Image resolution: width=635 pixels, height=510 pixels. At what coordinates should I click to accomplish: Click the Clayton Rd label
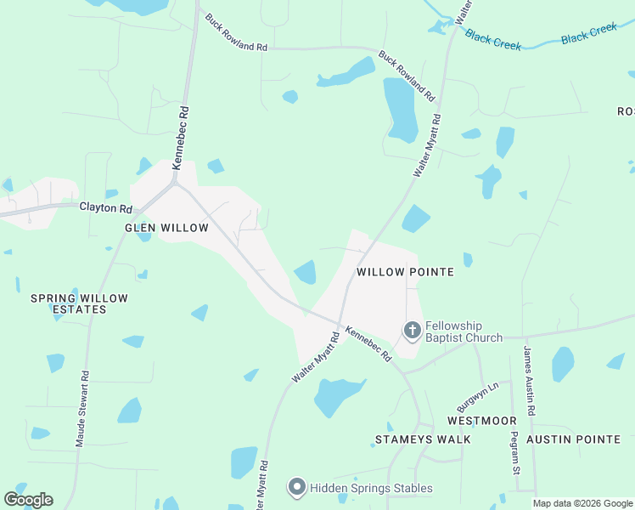(106, 207)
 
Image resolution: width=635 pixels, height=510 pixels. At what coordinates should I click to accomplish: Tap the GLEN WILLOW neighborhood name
(166, 228)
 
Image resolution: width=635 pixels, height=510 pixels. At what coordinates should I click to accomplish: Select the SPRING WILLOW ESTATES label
(79, 303)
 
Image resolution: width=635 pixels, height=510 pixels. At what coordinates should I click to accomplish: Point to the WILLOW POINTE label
(405, 272)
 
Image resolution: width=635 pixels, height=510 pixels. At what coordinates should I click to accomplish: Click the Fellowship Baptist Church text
(464, 331)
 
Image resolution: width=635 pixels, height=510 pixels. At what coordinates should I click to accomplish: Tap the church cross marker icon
(412, 330)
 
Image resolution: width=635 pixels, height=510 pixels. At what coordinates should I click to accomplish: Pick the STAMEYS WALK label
(423, 439)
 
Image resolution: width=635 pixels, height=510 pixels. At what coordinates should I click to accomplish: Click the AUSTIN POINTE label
(573, 439)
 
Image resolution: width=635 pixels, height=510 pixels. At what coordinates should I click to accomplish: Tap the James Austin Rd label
(529, 382)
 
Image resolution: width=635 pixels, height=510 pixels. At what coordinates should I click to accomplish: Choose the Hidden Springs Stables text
(371, 488)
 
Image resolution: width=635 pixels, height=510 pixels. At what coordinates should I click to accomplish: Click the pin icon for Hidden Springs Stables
(296, 487)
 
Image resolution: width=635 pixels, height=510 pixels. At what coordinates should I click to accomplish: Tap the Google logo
(28, 500)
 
